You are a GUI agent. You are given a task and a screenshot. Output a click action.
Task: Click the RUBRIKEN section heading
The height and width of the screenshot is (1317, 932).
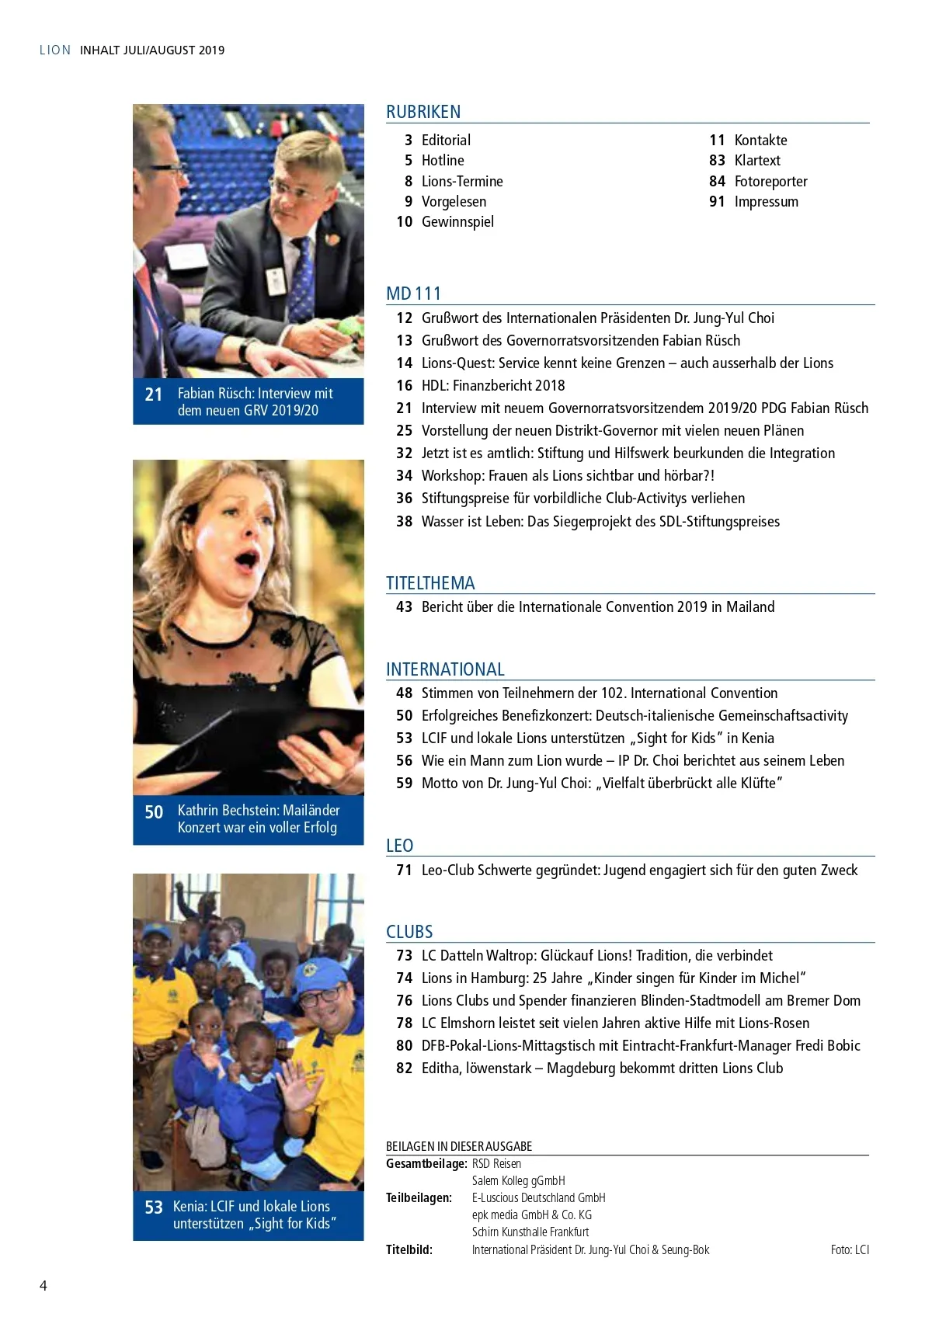(423, 112)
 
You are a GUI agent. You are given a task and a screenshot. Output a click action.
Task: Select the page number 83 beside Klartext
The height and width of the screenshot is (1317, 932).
(717, 161)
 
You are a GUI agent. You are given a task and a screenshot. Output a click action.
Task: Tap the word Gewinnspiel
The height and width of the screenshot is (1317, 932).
(457, 222)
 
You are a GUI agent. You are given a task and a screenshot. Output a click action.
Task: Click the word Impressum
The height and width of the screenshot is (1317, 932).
(766, 202)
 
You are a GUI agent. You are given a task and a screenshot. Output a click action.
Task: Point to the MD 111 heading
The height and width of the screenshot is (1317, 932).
(413, 294)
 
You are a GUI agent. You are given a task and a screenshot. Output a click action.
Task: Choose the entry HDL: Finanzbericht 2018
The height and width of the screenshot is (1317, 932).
(493, 386)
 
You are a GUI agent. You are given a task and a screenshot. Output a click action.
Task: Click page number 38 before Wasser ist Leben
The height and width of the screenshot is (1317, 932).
(404, 522)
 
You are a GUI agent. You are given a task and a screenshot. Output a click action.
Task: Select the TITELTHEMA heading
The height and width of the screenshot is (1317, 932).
(430, 583)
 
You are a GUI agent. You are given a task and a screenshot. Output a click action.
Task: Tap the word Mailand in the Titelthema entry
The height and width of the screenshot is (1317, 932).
(750, 607)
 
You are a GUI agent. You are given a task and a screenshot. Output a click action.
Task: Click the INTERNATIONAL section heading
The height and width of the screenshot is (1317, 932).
(445, 669)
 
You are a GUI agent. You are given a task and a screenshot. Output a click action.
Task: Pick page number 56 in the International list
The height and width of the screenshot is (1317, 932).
(404, 761)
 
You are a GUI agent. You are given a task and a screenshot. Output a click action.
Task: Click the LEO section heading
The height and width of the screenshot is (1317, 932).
(399, 846)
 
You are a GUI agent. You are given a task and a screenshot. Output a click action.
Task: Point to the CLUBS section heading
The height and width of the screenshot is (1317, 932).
(409, 932)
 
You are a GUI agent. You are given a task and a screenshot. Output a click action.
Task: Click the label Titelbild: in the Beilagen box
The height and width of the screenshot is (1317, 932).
(409, 1250)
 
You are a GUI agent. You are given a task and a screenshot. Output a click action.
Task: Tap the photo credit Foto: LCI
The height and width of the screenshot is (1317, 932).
(850, 1250)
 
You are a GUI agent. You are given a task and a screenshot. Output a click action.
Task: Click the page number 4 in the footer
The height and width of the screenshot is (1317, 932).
(43, 1286)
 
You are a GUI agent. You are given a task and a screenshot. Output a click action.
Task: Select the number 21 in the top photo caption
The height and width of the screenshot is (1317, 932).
(154, 394)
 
